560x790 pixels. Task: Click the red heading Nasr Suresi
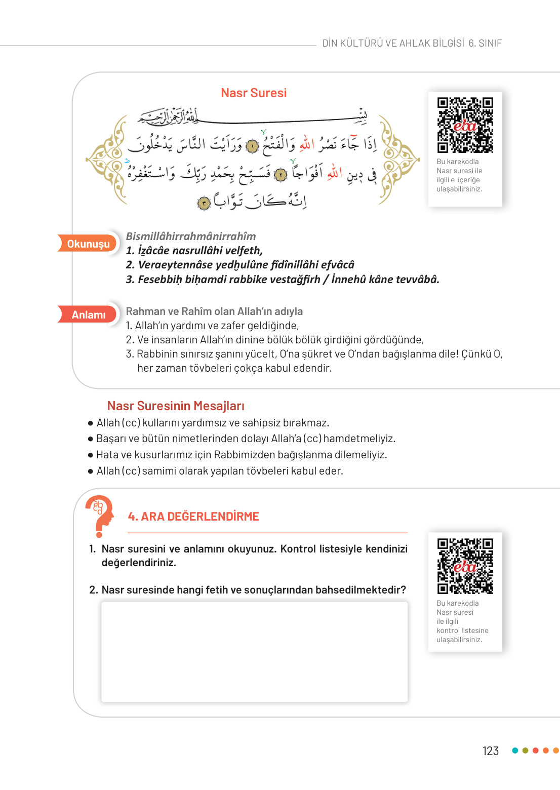pos(254,93)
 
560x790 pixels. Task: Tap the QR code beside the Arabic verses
pos(465,125)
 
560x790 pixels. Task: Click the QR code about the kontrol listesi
pos(465,565)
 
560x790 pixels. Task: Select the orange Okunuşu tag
pos(88,244)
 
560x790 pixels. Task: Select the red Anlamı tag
pos(88,314)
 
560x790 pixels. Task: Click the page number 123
pos(490,750)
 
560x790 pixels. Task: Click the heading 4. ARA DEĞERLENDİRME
pos(193,516)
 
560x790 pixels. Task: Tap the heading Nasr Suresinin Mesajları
pos(176,406)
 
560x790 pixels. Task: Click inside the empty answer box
pos(254,651)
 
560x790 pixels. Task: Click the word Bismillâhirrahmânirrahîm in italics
pos(191,236)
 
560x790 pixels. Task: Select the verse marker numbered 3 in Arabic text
pos(204,203)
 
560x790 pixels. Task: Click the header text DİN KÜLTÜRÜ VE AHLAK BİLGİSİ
pos(393,43)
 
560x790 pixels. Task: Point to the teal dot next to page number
pos(515,750)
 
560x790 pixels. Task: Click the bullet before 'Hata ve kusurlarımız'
pos(91,455)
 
